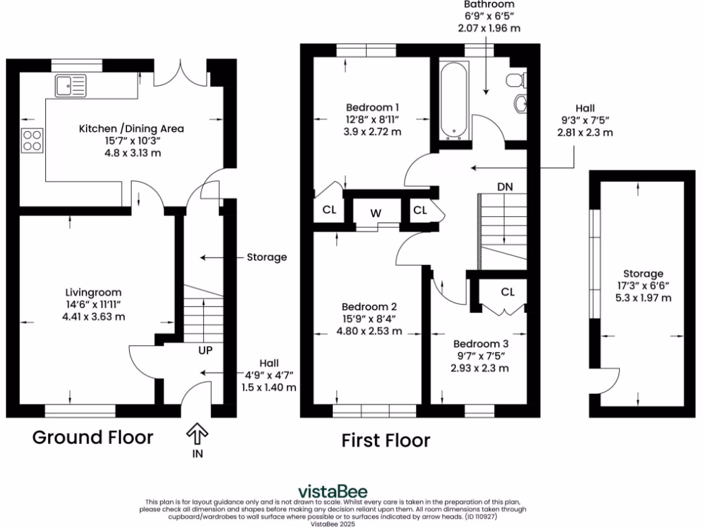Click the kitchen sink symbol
point(71,86)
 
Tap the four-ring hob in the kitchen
point(32,141)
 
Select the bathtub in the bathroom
point(454,102)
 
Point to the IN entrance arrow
point(197,433)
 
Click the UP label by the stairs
point(205,350)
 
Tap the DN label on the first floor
point(505,187)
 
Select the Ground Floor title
point(93,437)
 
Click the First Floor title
point(386,441)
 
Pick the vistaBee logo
point(332,492)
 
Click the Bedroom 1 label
point(372,107)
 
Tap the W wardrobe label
point(376,213)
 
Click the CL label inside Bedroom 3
point(507,292)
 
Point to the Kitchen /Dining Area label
point(131,128)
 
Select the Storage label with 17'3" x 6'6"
point(643,273)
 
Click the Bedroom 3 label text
point(480,343)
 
